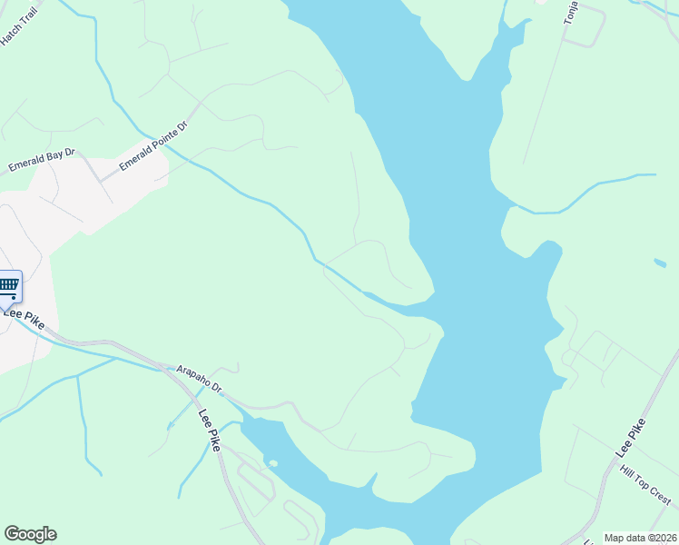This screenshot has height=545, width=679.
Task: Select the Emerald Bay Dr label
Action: (42, 161)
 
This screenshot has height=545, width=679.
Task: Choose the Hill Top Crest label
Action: (645, 486)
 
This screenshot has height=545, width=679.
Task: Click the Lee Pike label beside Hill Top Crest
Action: (631, 437)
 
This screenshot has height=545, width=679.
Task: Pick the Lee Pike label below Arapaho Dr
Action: (210, 430)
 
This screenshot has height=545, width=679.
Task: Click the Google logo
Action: (30, 534)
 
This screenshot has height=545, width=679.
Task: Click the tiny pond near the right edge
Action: (659, 263)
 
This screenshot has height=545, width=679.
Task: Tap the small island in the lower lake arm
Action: (271, 463)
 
